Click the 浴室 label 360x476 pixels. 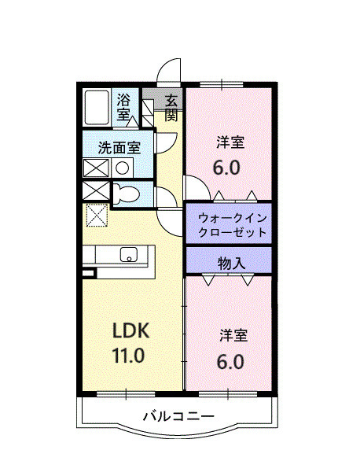click(124, 106)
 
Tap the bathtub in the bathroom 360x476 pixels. click(97, 107)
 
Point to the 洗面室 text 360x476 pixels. click(119, 146)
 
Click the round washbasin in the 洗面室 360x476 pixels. click(122, 167)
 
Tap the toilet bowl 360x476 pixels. click(126, 194)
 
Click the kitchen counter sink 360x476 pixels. click(128, 254)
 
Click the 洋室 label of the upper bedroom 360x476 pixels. click(230, 143)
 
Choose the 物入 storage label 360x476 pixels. click(230, 262)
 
